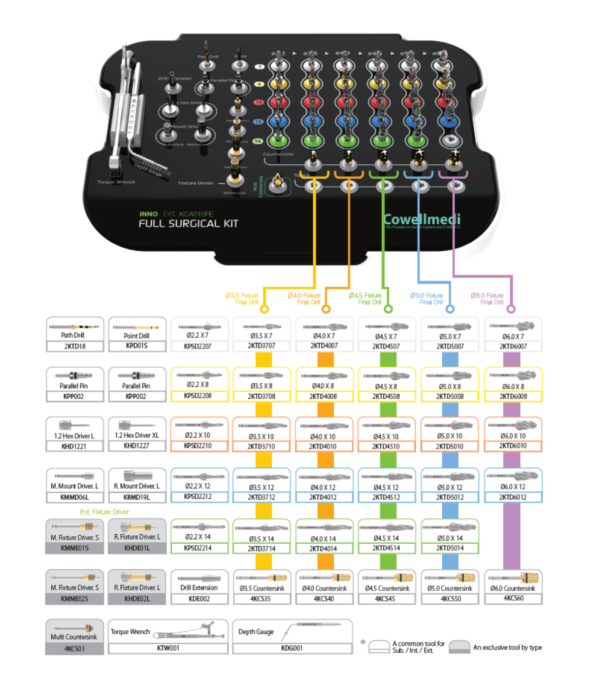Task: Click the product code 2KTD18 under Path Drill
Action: click(x=75, y=346)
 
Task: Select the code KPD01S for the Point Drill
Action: click(x=136, y=346)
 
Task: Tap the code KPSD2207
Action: click(x=198, y=346)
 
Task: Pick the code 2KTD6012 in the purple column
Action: click(x=513, y=497)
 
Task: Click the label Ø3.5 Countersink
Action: click(x=262, y=588)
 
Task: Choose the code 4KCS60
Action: click(x=513, y=598)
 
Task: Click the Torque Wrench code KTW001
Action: click(x=168, y=648)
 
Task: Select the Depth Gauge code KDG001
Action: click(x=292, y=648)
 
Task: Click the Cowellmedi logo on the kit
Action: click(x=422, y=219)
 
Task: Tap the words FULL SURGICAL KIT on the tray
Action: click(x=188, y=224)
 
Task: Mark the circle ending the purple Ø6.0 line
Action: click(x=511, y=309)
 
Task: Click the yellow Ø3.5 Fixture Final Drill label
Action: click(x=242, y=299)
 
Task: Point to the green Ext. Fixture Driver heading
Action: click(x=104, y=512)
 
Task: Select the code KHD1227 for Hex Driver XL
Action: click(x=136, y=446)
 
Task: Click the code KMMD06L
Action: click(x=74, y=497)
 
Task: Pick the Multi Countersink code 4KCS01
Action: click(x=74, y=649)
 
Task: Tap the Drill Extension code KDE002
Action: click(x=199, y=599)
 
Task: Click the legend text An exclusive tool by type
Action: click(x=507, y=648)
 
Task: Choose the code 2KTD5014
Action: click(x=450, y=548)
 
